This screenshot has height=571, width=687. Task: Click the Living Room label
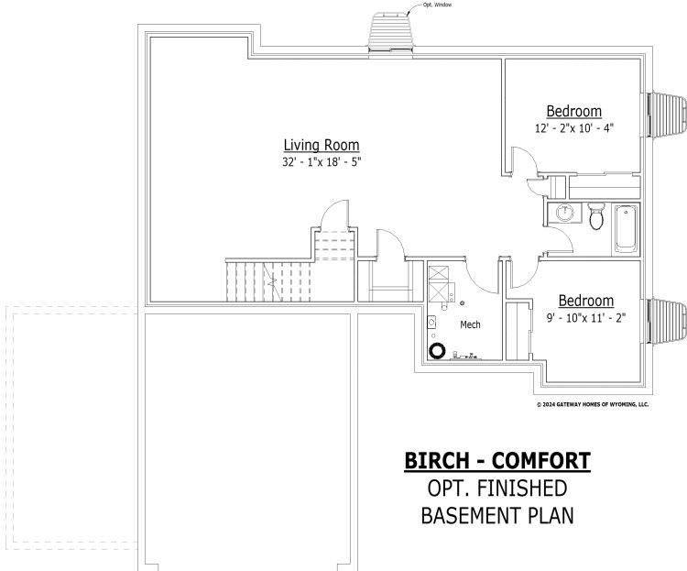tap(322, 145)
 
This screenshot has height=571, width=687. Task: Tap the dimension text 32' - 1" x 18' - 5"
tap(322, 162)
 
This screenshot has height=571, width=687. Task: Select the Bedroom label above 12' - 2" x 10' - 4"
tap(574, 112)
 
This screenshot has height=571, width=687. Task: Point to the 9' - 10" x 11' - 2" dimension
tap(586, 317)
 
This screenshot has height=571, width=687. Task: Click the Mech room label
tap(470, 324)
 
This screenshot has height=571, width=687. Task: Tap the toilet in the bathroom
tap(596, 215)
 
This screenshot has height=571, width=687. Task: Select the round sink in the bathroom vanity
tap(565, 214)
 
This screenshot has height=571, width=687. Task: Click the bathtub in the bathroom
tap(626, 228)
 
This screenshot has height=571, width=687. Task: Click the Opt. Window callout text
tap(437, 5)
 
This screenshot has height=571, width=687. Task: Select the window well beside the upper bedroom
tap(667, 114)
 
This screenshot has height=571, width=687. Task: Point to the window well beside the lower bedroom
tap(667, 321)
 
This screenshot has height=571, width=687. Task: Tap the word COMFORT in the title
tap(541, 461)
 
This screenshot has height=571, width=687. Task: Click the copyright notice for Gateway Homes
tap(593, 404)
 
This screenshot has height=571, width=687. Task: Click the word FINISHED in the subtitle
tap(522, 489)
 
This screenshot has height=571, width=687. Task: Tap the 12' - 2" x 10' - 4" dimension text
tap(574, 128)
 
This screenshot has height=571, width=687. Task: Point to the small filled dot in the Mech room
tap(463, 302)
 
